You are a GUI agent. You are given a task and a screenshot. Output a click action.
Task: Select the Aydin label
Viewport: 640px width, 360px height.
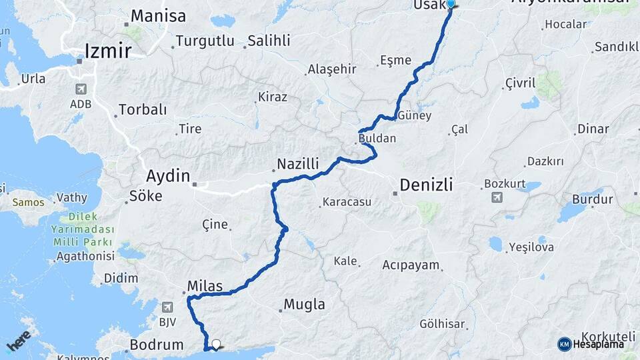168,177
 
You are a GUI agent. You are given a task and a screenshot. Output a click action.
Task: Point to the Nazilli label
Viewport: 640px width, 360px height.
298,163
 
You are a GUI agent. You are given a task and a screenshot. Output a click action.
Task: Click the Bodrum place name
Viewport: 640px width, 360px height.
157,345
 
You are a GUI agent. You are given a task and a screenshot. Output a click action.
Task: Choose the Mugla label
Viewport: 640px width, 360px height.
305,305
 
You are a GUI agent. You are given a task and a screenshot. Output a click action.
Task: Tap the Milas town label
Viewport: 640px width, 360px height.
205,286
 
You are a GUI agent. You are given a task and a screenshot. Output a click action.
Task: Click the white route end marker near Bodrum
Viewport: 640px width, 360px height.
215,345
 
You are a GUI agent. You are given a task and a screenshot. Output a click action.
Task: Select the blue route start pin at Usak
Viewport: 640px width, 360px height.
451,4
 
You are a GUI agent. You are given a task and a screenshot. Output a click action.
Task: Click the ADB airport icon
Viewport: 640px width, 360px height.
81,89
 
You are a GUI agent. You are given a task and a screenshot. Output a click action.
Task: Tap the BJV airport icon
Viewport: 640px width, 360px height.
166,307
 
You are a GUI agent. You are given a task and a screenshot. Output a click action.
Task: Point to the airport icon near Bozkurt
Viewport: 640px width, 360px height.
497,197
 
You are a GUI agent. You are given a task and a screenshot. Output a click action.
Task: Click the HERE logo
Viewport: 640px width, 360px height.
19,341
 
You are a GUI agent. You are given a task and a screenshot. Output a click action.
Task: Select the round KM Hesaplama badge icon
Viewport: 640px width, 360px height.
565,344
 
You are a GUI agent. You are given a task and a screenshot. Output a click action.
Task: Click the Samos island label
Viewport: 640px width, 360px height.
28,202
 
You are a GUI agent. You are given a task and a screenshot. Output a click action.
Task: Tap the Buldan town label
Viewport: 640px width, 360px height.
377,139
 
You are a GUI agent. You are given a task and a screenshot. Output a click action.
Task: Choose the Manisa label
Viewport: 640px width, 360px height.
158,16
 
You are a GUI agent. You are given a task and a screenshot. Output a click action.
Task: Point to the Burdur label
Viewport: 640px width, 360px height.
592,199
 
